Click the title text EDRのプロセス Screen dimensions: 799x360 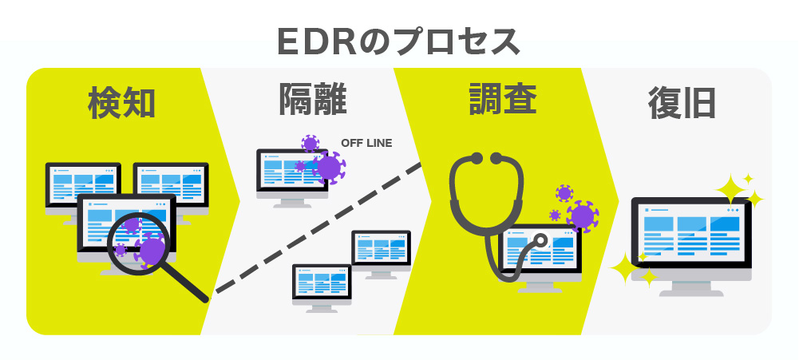pos(398,42)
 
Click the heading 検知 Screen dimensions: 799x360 pos(121,102)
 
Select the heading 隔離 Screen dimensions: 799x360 pos(312,99)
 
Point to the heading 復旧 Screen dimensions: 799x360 pos(682,103)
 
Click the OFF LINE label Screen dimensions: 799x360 pos(366,144)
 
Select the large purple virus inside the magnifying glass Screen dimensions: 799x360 pos(152,250)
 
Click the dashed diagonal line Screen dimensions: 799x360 pos(318,228)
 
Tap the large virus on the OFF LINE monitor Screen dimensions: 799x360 pos(329,167)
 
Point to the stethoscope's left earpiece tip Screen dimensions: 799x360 pos(477,159)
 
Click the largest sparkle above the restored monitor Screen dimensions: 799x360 pos(731,190)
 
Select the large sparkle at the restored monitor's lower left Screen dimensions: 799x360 pos(624,268)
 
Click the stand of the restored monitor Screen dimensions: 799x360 pos(691,289)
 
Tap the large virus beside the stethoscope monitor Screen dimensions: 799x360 pos(582,216)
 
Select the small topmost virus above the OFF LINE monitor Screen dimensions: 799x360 pos(310,144)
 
